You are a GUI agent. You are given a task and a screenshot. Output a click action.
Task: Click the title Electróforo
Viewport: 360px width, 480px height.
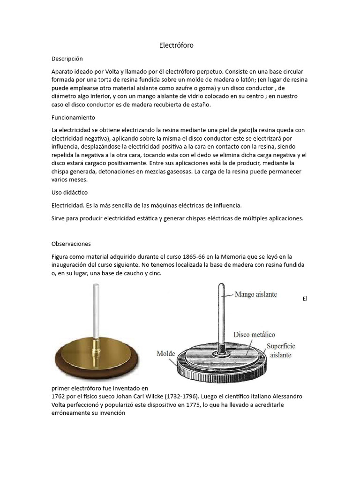[176, 45]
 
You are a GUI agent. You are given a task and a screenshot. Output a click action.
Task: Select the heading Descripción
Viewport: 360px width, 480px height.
[67, 59]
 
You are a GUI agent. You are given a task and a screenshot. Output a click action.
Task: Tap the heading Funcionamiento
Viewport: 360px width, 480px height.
[73, 117]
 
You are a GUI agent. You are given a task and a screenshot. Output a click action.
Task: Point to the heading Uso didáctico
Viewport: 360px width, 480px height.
[69, 192]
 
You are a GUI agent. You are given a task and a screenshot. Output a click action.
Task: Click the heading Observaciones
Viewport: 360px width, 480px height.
[71, 244]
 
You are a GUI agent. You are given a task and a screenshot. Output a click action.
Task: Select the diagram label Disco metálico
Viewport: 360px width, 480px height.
[254, 335]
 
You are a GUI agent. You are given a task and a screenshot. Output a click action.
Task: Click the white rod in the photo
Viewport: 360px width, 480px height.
[97, 311]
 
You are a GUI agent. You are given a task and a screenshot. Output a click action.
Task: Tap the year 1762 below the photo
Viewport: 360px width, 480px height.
[59, 396]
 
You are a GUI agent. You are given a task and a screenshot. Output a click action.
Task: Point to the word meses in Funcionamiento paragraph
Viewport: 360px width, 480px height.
[82, 180]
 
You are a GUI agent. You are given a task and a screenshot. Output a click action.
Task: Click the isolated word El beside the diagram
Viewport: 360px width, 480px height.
[305, 298]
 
